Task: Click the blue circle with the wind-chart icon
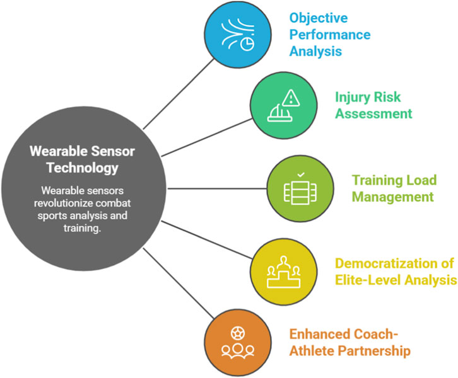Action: pos(238,38)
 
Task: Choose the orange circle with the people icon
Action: pos(237,340)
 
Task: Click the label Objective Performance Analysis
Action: pos(329,34)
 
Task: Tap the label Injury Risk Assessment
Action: pos(373,106)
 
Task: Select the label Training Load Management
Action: pos(394,188)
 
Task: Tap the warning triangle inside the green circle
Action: pos(290,98)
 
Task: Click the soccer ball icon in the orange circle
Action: pos(237,331)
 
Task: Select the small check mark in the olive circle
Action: pos(300,174)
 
